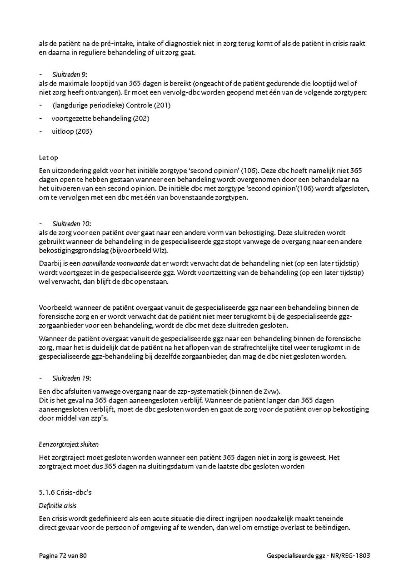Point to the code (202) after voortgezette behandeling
click(141, 118)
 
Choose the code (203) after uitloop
click(84, 131)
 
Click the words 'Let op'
click(48, 158)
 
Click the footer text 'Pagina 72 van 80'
click(62, 555)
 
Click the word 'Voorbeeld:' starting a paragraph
click(52, 308)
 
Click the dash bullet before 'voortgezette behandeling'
click(41, 118)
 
